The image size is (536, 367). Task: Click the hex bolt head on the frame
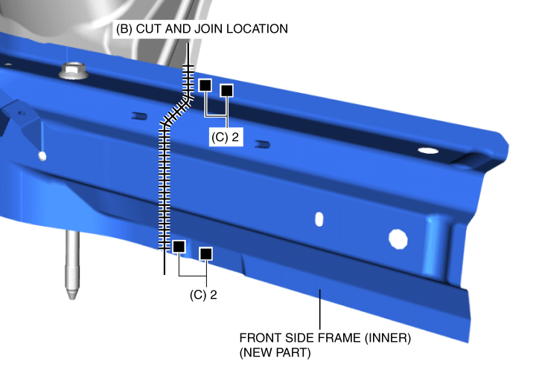(73, 71)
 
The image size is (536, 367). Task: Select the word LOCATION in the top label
(257, 29)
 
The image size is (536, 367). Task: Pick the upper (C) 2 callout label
(226, 137)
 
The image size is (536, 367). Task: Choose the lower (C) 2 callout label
(203, 295)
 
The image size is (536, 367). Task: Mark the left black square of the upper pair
(205, 85)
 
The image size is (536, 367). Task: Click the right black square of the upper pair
(227, 91)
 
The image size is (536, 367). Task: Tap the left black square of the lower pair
(179, 246)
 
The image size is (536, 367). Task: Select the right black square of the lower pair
(205, 254)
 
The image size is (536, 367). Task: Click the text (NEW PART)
(275, 353)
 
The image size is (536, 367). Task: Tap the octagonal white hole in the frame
(398, 238)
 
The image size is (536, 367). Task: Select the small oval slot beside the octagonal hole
(319, 219)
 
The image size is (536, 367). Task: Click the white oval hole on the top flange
(428, 150)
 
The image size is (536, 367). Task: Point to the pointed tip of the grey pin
(72, 299)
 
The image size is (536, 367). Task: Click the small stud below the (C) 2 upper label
(263, 145)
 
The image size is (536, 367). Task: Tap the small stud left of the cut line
(139, 117)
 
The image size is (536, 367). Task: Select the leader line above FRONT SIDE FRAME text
(320, 309)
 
